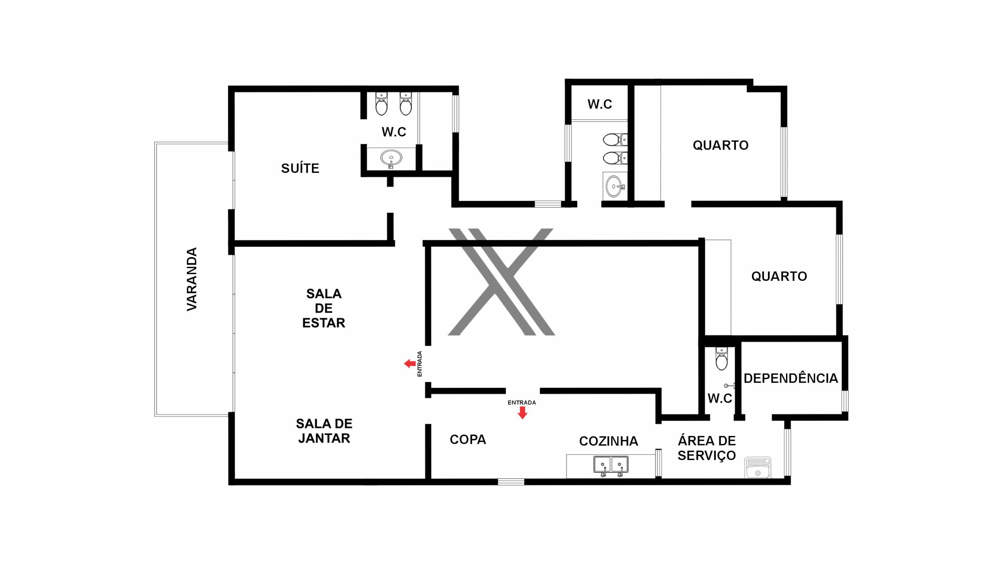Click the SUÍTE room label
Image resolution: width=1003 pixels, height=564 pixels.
pyautogui.click(x=300, y=168)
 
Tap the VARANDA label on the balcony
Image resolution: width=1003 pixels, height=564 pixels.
pyautogui.click(x=192, y=279)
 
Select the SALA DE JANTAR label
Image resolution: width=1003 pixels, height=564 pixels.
pyautogui.click(x=324, y=431)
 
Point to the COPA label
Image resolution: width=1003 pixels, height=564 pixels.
pyautogui.click(x=468, y=439)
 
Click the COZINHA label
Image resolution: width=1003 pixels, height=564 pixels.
pyautogui.click(x=608, y=441)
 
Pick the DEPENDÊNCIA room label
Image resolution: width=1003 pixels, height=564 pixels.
pyautogui.click(x=791, y=378)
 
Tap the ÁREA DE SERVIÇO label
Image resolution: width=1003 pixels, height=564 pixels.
pyautogui.click(x=707, y=448)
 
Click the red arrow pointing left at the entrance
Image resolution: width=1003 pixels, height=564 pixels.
pyautogui.click(x=410, y=364)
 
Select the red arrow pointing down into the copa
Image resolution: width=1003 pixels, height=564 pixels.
pyautogui.click(x=522, y=413)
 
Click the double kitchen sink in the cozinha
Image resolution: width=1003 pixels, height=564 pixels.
pyautogui.click(x=611, y=465)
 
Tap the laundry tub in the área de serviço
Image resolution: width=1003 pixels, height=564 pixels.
pyautogui.click(x=757, y=468)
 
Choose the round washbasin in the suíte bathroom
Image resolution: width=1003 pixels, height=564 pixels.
pyautogui.click(x=391, y=158)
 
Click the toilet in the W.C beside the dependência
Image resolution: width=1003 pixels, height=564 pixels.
pyautogui.click(x=721, y=359)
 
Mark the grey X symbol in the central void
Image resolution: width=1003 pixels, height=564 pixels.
pyautogui.click(x=501, y=282)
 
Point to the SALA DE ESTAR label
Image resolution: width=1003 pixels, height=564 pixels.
pyautogui.click(x=324, y=308)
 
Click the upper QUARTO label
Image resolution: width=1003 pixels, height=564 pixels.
pyautogui.click(x=721, y=145)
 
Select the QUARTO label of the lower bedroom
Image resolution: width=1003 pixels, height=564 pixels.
pyautogui.click(x=779, y=277)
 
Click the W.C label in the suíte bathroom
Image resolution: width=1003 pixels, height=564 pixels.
pyautogui.click(x=394, y=132)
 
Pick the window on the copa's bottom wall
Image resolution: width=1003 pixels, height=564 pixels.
pyautogui.click(x=511, y=482)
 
